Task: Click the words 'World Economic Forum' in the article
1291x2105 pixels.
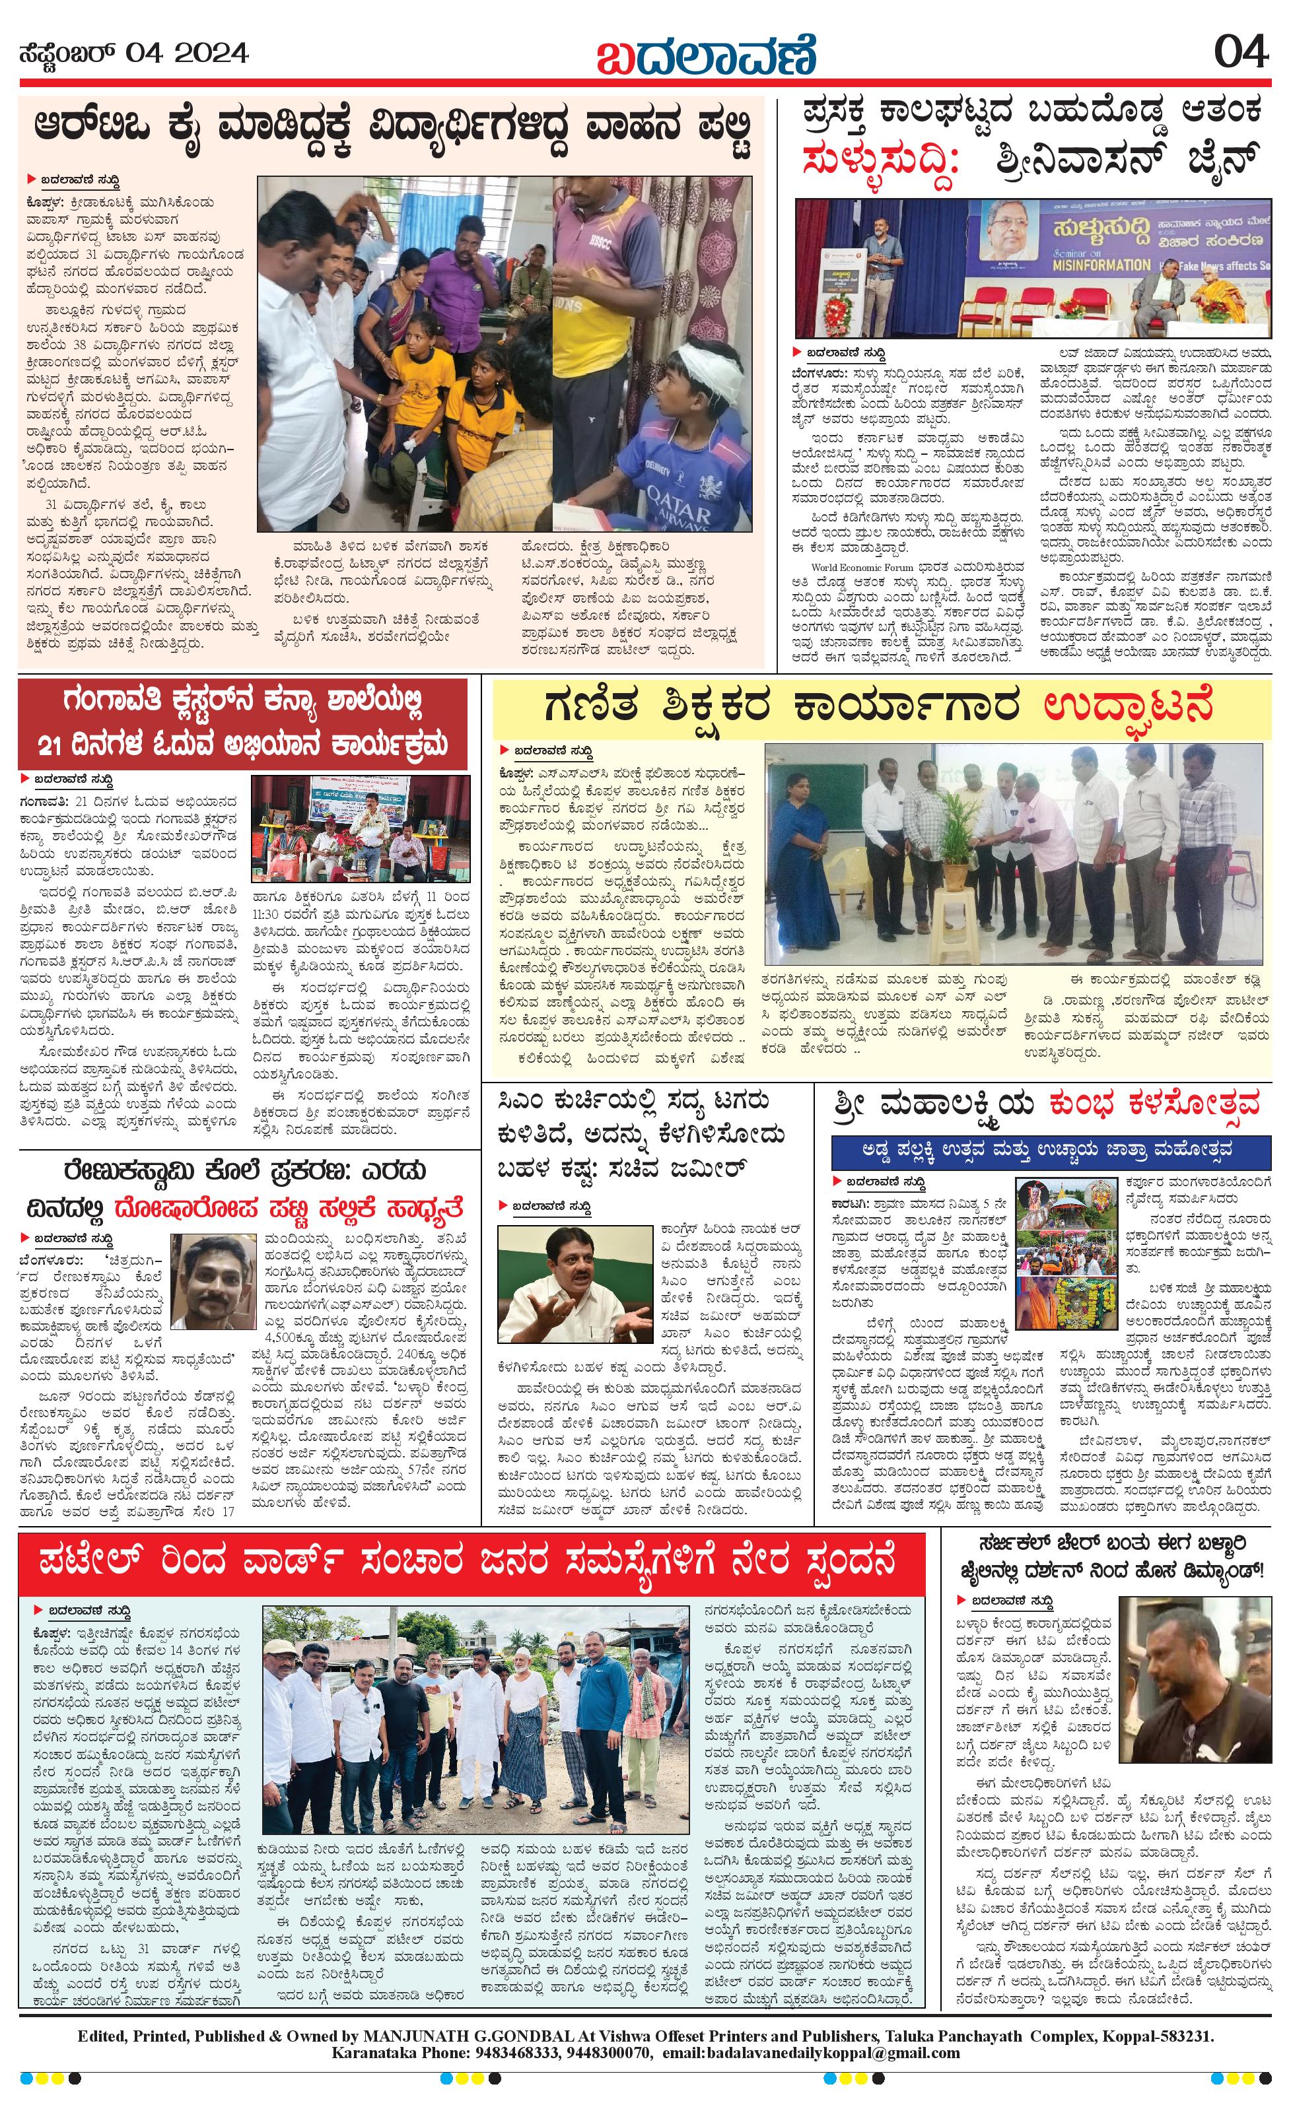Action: [x=862, y=567]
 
